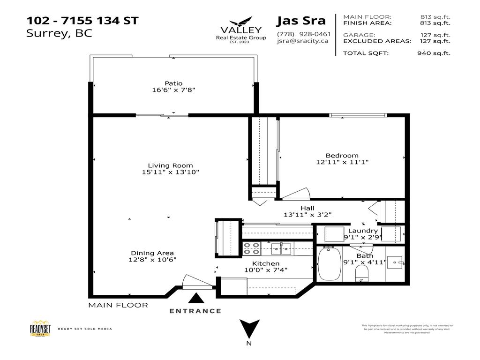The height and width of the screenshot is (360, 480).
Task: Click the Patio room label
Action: pyautogui.click(x=173, y=83)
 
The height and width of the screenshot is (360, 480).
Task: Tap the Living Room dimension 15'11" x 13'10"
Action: pyautogui.click(x=171, y=172)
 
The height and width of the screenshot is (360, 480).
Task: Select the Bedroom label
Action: pyautogui.click(x=342, y=156)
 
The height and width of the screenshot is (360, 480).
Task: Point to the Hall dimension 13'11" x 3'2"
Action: pyautogui.click(x=308, y=215)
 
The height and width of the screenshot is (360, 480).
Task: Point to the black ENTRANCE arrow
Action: pyautogui.click(x=195, y=298)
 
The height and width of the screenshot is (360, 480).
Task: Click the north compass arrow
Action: pyautogui.click(x=249, y=329)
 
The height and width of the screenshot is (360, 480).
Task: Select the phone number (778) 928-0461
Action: pyautogui.click(x=304, y=34)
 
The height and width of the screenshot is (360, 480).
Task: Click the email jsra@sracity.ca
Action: pyautogui.click(x=302, y=41)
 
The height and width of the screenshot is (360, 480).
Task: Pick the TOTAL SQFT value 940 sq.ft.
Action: pyautogui.click(x=434, y=53)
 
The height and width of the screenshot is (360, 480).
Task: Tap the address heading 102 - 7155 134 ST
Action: pyautogui.click(x=82, y=21)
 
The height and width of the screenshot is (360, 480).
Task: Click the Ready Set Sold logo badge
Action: pyautogui.click(x=40, y=329)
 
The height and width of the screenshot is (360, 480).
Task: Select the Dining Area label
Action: pyautogui.click(x=153, y=253)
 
